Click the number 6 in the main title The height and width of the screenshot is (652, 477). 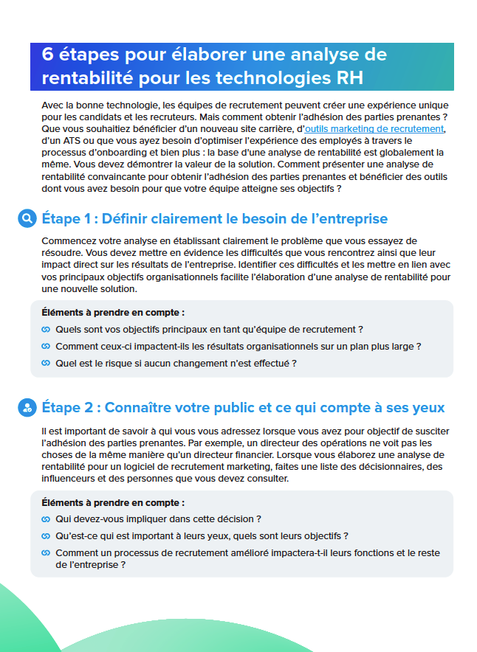pos(47,55)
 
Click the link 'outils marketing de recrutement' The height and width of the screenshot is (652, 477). pos(374,128)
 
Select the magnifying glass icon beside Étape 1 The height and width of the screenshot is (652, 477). pos(27,218)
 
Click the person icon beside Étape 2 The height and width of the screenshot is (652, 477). pos(27,407)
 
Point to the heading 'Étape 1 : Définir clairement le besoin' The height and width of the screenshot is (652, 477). pos(214,219)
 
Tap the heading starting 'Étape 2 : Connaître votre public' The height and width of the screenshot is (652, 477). pos(243,408)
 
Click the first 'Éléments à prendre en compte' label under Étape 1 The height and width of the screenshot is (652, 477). pos(113,312)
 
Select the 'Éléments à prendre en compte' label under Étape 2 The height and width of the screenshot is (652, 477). pos(113,502)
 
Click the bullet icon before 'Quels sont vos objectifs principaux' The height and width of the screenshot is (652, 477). pos(46,329)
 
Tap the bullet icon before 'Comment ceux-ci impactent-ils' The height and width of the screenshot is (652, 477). pos(46,346)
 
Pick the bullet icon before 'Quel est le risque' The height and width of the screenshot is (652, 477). pos(46,363)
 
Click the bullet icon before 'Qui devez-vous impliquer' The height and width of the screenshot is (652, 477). pos(46,519)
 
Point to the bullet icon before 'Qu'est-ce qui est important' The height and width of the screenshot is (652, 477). pos(46,536)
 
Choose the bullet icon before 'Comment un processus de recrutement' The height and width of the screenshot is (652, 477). pos(46,552)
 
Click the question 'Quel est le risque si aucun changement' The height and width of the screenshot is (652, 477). pos(176,363)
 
